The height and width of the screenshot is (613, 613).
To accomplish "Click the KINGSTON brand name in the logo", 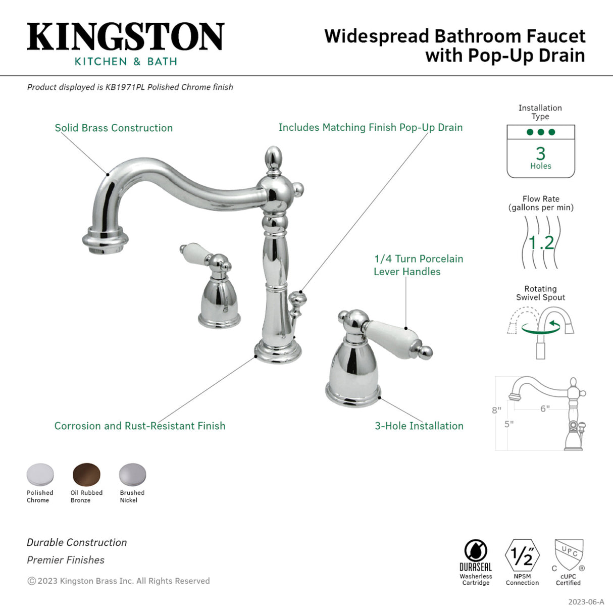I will [x=125, y=36].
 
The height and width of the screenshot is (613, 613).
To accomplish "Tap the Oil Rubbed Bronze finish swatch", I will [x=86, y=475].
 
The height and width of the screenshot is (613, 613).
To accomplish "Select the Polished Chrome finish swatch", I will [x=40, y=475].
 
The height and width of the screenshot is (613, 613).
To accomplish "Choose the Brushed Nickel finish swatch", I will [x=132, y=475].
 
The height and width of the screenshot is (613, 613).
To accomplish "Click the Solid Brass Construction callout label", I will [x=114, y=128].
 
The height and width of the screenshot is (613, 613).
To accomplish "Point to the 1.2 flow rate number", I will [x=541, y=243].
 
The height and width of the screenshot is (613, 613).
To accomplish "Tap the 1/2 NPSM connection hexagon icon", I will [x=522, y=555].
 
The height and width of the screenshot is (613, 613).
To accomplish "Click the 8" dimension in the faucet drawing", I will [x=496, y=410].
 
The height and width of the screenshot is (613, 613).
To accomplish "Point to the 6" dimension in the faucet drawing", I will [x=545, y=408].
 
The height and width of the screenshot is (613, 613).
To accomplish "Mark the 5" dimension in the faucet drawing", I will [x=509, y=424].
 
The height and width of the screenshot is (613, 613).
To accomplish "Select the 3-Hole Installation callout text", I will [x=419, y=426].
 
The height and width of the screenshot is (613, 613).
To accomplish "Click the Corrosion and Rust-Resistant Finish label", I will [x=140, y=426].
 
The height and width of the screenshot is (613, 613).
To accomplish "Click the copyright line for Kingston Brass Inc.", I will [x=119, y=581].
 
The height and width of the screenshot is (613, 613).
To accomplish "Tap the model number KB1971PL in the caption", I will [x=125, y=87].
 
